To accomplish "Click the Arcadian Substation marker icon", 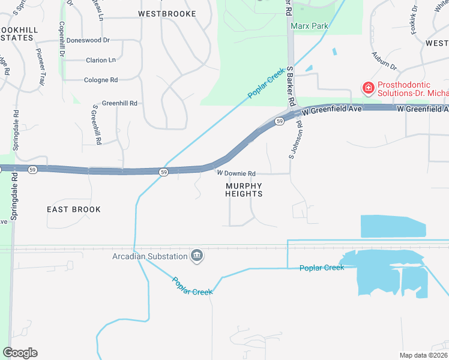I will pyautogui.click(x=196, y=256).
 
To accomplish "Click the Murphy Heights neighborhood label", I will pyautogui.click(x=244, y=190).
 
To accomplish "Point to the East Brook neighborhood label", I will pyautogui.click(x=74, y=209).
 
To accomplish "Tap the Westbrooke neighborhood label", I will pyautogui.click(x=167, y=13).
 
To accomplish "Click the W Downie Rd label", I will pyautogui.click(x=237, y=173).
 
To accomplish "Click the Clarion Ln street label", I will pyautogui.click(x=101, y=60).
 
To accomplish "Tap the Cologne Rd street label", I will pyautogui.click(x=101, y=80).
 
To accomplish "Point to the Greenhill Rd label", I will pyautogui.click(x=119, y=103).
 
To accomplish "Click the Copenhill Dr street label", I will pyautogui.click(x=62, y=39).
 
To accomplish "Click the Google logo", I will pyautogui.click(x=20, y=353).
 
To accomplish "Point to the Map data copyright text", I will pyautogui.click(x=423, y=355).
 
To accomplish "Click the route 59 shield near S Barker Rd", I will pyautogui.click(x=280, y=121).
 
